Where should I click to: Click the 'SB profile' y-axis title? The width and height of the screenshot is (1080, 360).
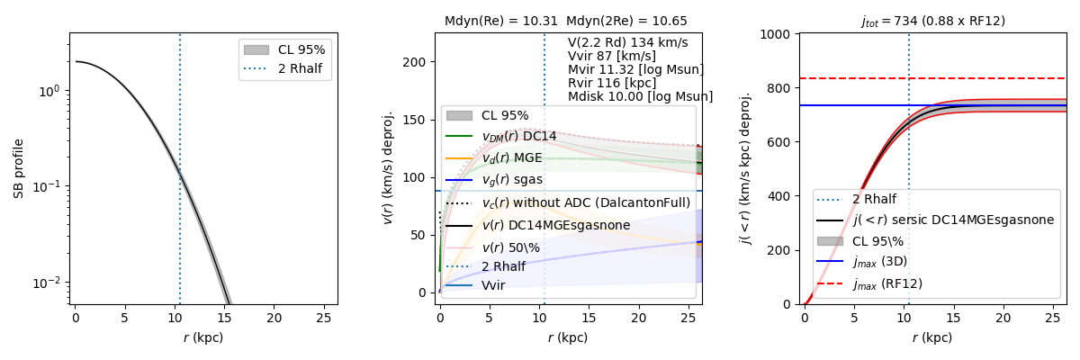point(18,168)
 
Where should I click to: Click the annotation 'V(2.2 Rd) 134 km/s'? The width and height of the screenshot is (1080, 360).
point(627,42)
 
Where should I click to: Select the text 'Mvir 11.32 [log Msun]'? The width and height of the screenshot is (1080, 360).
point(635,69)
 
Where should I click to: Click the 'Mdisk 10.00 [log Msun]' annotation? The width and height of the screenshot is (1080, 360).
point(640,96)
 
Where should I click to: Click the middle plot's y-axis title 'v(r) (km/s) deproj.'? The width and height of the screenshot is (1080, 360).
point(389,168)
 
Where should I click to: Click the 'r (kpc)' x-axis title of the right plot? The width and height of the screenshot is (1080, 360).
point(931,338)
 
